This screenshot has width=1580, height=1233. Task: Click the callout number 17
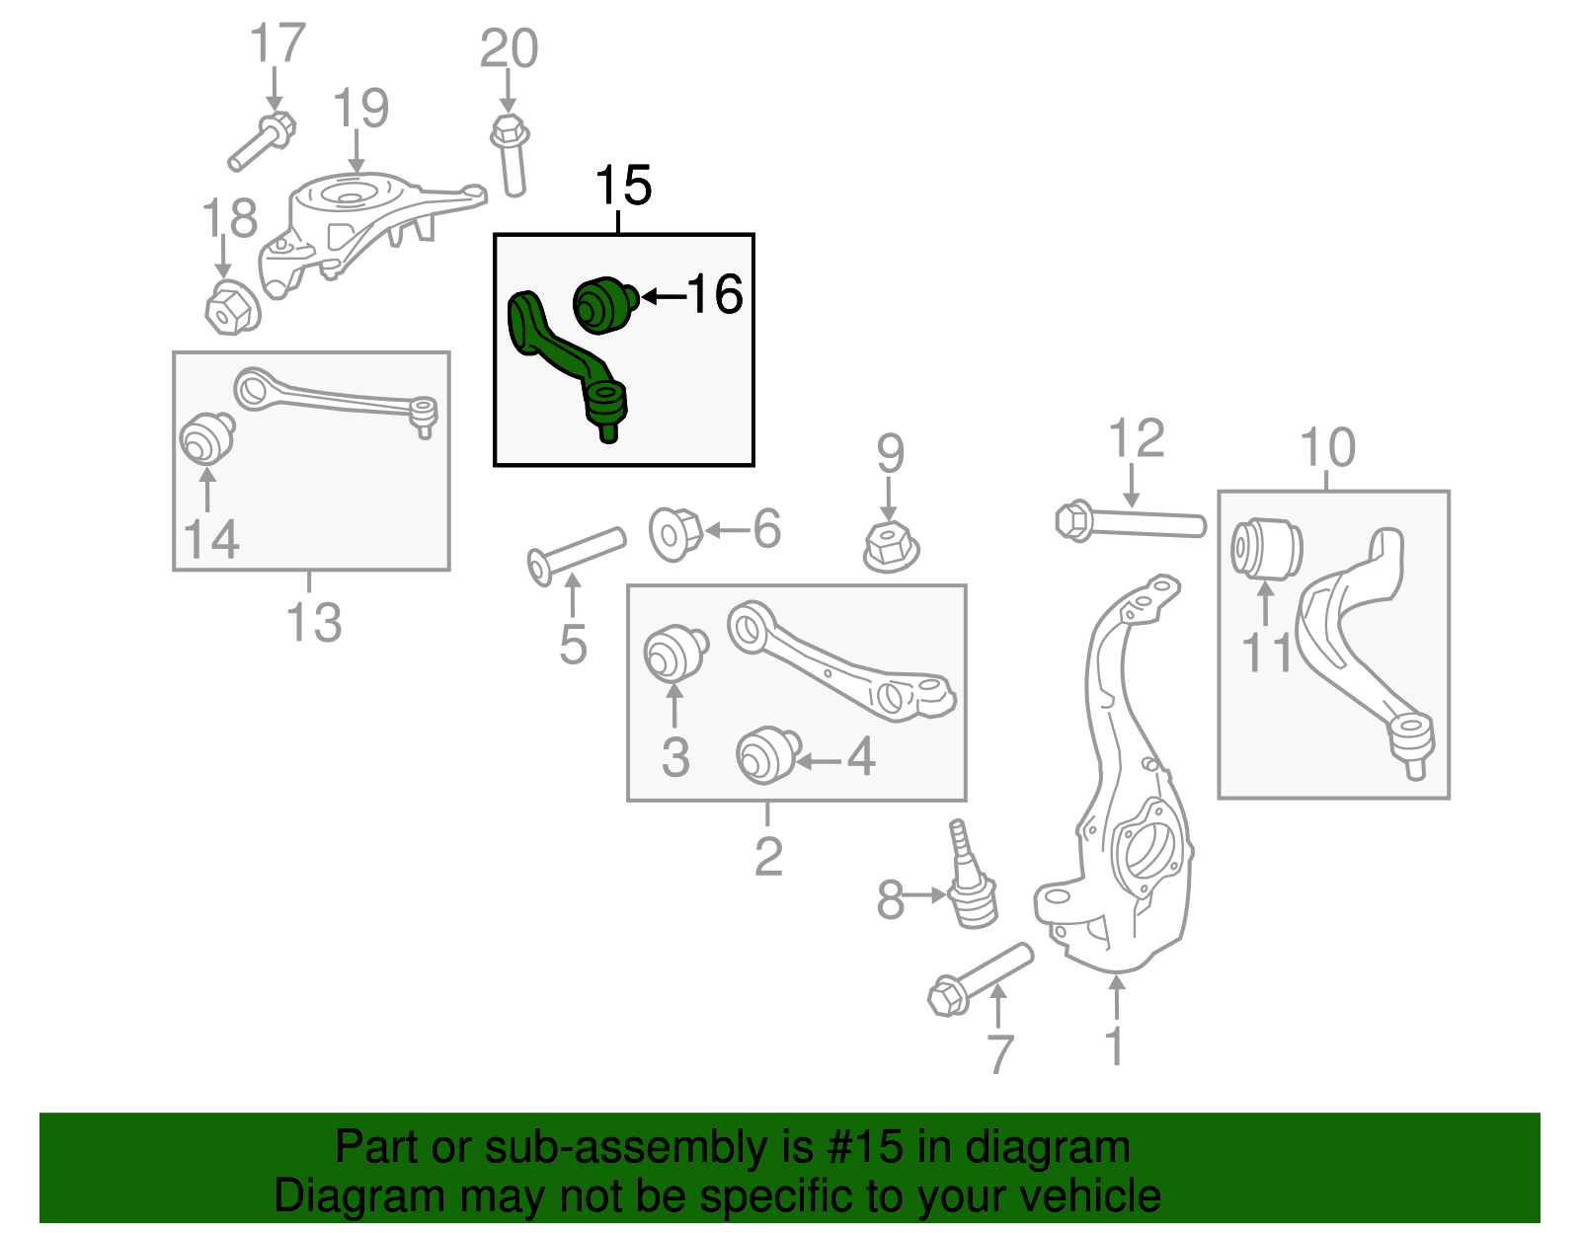click(x=277, y=44)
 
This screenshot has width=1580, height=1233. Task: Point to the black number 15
click(x=623, y=186)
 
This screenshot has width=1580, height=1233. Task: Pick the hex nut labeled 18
click(x=231, y=307)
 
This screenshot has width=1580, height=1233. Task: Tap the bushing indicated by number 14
click(x=206, y=437)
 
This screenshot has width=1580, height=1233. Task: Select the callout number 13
click(x=313, y=623)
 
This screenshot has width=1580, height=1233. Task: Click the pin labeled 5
click(x=576, y=555)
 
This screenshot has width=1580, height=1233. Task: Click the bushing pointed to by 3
click(x=674, y=655)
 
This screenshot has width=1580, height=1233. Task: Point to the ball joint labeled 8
click(x=970, y=884)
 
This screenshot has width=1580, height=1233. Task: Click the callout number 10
click(x=1326, y=448)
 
